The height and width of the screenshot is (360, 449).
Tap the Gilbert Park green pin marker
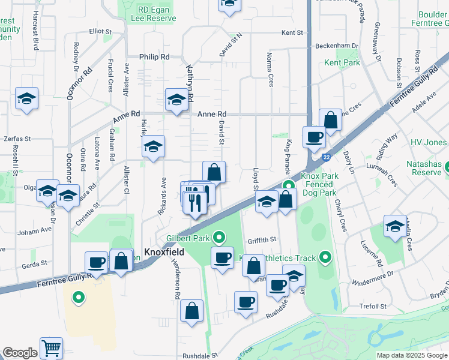point(221,239)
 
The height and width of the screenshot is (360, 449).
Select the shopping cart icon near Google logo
point(52,348)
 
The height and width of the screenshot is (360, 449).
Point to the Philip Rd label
point(155,56)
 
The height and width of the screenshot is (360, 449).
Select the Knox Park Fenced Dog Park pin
point(288,185)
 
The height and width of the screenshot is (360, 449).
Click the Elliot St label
point(100,31)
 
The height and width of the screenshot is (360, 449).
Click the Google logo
point(20,353)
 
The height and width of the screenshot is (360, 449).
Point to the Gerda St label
point(35,263)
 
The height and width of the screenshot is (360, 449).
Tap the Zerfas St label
point(17,138)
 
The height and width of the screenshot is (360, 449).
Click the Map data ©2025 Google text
point(412,355)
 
